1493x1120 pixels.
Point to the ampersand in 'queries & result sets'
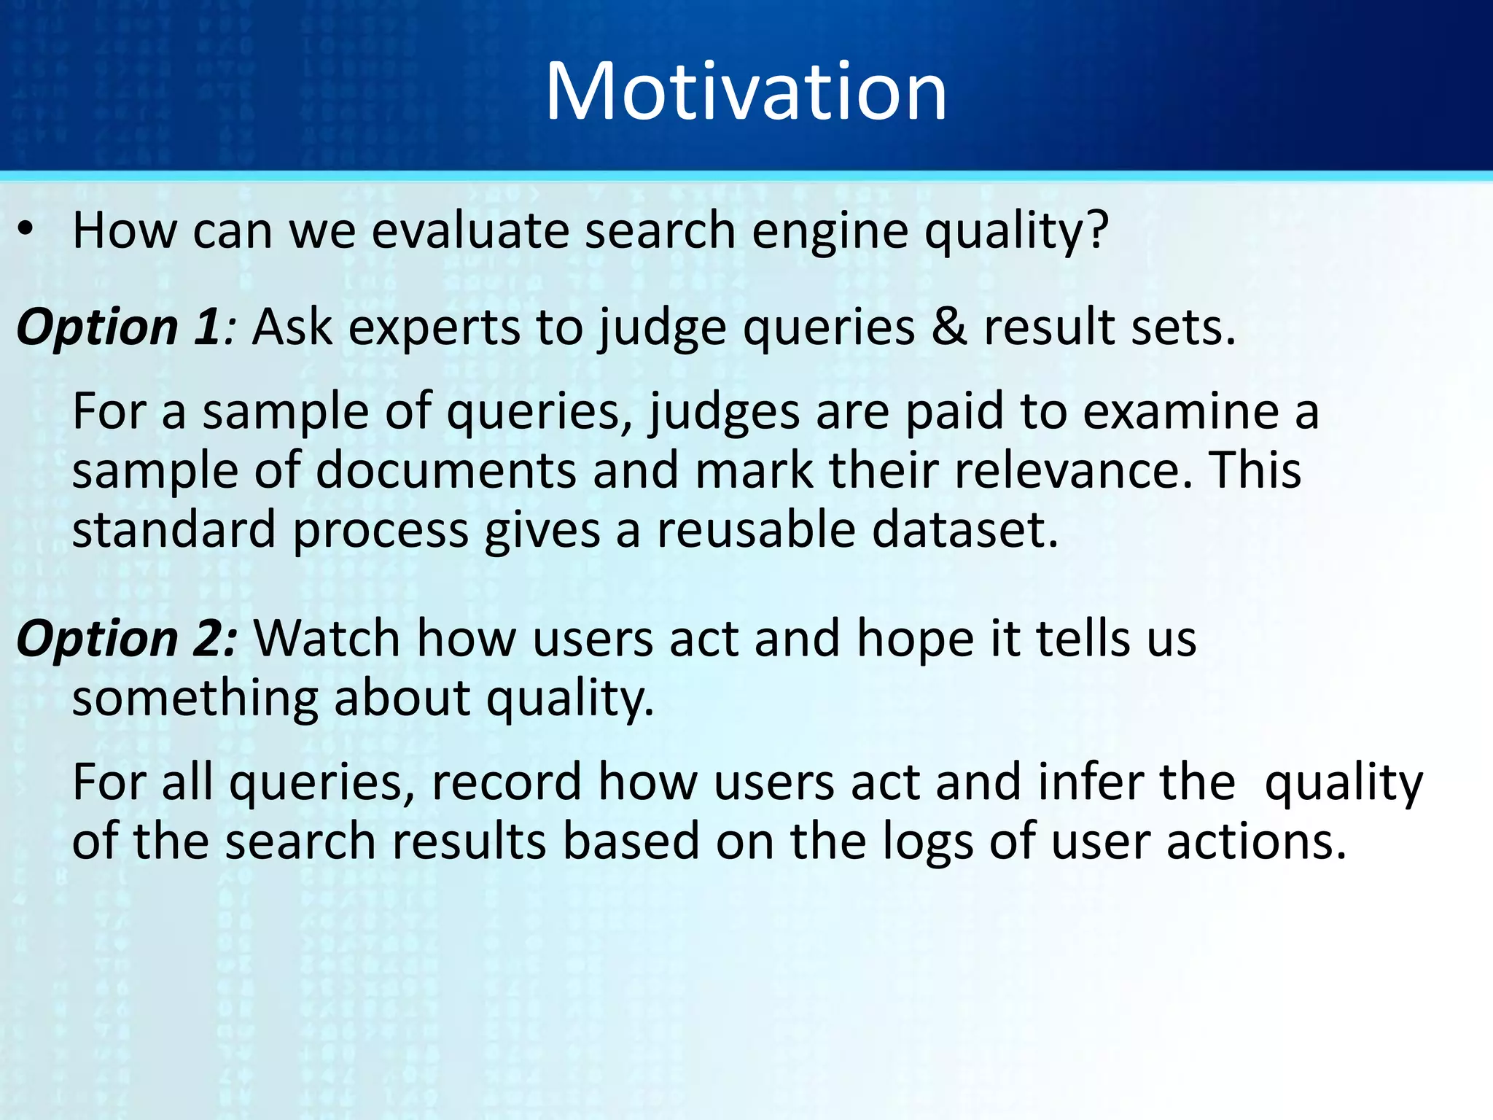point(949,327)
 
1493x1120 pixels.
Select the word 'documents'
point(445,470)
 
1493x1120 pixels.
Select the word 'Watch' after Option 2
point(327,639)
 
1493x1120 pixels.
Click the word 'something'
point(195,699)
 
